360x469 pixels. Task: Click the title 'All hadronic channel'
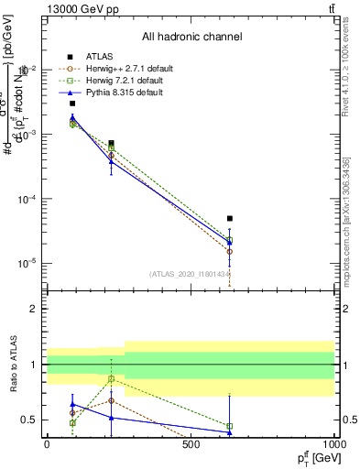pyautogui.click(x=192, y=37)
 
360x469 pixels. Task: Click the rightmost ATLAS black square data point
pyautogui.click(x=230, y=219)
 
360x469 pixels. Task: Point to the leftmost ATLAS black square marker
pyautogui.click(x=72, y=104)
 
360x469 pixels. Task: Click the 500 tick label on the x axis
pyautogui.click(x=191, y=445)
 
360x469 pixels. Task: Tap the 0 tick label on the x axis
pyautogui.click(x=47, y=445)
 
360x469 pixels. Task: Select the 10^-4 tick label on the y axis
pyautogui.click(x=27, y=199)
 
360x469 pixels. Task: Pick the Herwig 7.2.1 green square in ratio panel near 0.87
pyautogui.click(x=111, y=378)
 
